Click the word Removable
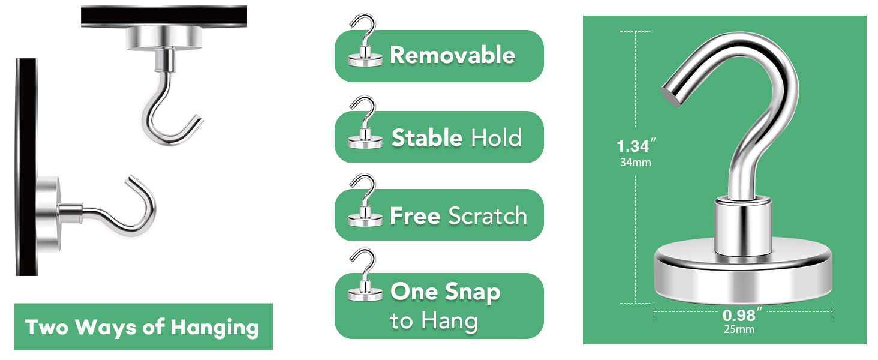click(452, 55)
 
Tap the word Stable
click(427, 138)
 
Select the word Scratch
click(488, 216)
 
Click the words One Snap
click(445, 292)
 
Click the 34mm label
click(635, 162)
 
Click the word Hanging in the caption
click(215, 328)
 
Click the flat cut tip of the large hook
click(672, 95)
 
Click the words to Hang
click(434, 320)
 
